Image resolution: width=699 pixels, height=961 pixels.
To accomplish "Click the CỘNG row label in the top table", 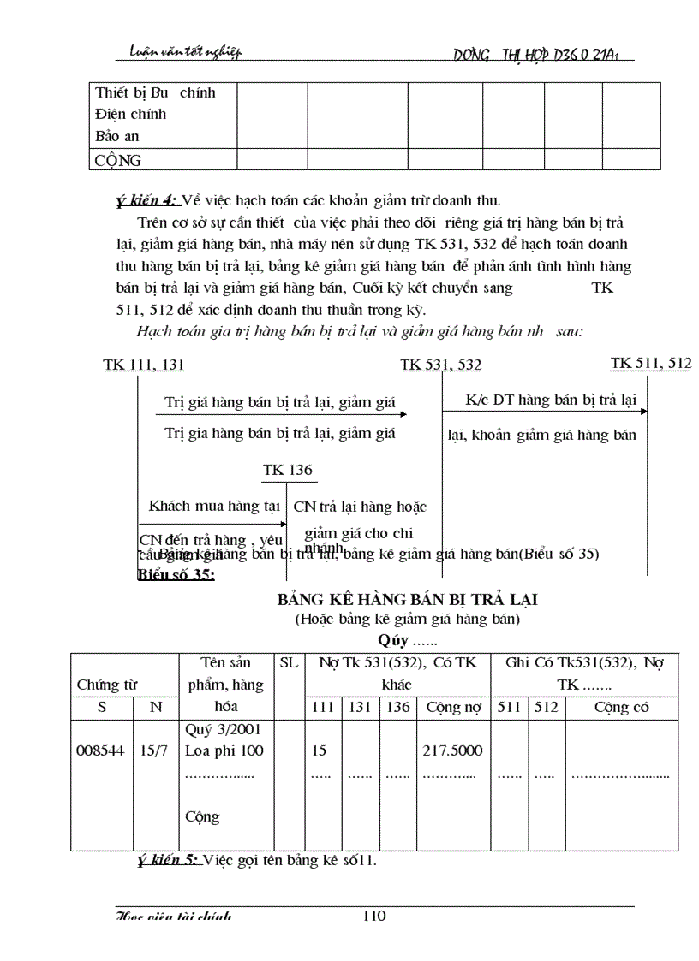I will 118,160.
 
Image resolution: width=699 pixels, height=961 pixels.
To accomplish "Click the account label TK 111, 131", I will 144,365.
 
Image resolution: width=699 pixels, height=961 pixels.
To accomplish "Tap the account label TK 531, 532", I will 441,365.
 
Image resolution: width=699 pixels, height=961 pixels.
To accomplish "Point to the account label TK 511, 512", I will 650,364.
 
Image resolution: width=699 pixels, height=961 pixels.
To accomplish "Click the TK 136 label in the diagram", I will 288,470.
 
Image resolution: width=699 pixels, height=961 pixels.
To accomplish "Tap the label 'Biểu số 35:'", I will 176,574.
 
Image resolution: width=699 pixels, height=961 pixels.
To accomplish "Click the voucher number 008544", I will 101,750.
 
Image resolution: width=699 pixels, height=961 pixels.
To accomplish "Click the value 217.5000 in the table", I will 452,750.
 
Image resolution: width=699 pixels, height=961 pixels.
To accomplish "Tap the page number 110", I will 374,916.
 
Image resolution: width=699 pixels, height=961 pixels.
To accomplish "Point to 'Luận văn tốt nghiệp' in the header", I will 179,53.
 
